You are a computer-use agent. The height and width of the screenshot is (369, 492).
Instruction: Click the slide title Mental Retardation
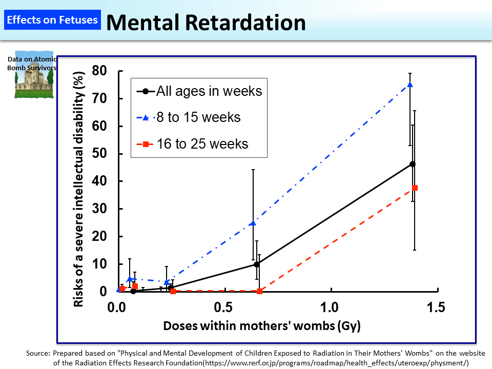click(x=206, y=22)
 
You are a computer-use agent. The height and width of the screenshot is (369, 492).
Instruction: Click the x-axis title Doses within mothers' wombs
click(x=262, y=326)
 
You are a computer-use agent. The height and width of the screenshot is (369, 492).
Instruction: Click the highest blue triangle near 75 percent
click(x=410, y=85)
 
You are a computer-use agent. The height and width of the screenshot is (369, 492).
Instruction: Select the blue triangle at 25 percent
click(x=253, y=223)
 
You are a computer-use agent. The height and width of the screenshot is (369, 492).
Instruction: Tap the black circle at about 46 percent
click(x=413, y=164)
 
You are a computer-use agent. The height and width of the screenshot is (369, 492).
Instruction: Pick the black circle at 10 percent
click(x=256, y=264)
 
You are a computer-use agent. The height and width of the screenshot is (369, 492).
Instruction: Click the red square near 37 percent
click(x=415, y=188)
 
